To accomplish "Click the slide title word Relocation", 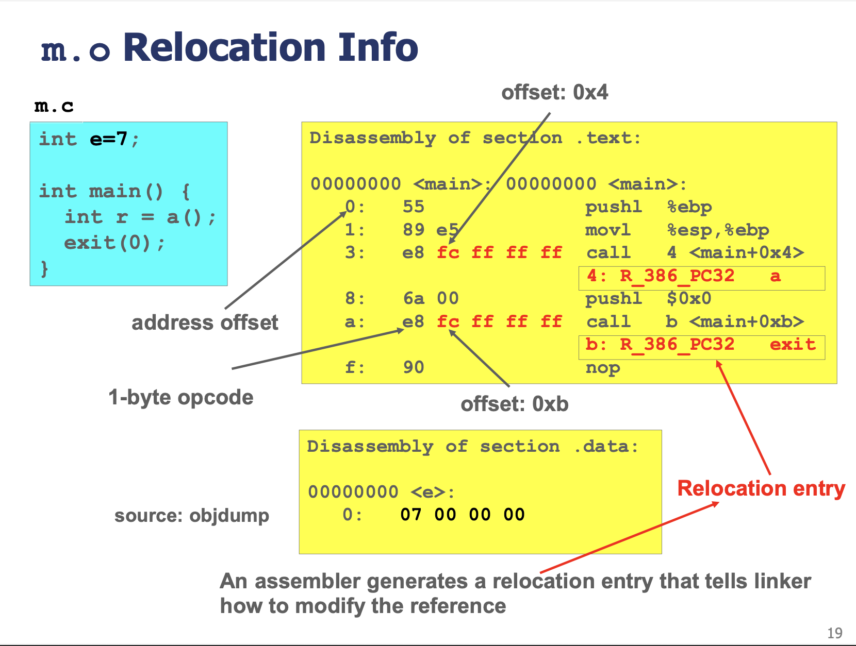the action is click(224, 47).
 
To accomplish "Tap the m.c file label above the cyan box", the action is click(54, 106).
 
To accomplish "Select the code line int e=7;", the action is click(89, 139).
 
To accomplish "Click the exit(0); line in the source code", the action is click(114, 243).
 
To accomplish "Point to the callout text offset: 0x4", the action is click(554, 93).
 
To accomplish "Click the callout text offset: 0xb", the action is click(515, 404).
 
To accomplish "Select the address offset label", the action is click(205, 322).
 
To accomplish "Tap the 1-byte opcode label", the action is click(181, 398).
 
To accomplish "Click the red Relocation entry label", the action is click(761, 488).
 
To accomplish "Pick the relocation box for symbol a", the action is click(702, 278).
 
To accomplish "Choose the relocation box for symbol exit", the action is click(702, 347).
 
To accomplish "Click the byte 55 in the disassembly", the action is click(414, 207).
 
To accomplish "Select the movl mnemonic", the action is click(607, 230).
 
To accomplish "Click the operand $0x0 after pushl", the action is click(689, 299).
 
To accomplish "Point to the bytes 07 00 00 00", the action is click(463, 515).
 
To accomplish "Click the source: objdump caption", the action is click(192, 516).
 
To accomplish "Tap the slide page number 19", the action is click(834, 633).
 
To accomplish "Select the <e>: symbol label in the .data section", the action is click(433, 492).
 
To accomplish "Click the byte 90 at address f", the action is click(414, 367).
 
